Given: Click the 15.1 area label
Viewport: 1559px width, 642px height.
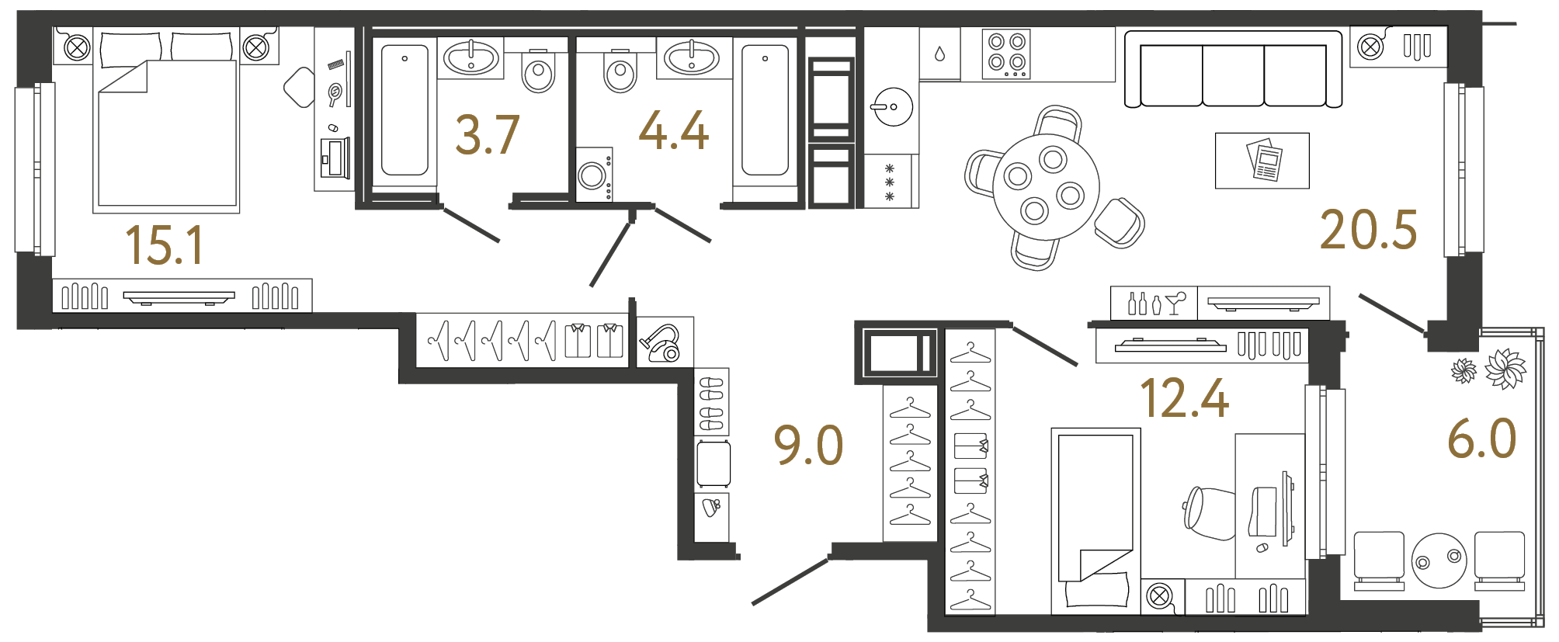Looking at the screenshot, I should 165,245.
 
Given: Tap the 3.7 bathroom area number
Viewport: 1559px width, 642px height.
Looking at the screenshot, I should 487,136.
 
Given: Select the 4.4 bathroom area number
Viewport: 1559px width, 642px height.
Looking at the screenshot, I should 673,130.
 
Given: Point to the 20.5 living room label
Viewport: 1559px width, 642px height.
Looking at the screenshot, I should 1368,231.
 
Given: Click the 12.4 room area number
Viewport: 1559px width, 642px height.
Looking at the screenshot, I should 1184,399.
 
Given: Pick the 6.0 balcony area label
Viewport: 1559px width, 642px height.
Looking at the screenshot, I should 1481,439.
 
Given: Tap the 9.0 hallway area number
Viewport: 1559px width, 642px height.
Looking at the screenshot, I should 808,446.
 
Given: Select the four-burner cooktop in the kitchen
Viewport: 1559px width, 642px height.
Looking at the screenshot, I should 1006,54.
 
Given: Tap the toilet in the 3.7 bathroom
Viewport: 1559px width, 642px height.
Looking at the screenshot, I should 538,71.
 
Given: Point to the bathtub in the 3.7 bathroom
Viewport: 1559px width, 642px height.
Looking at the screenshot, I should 405,110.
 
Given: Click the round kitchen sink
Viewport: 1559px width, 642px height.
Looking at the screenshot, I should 893,107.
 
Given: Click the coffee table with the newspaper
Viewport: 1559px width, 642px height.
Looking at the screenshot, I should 1262,161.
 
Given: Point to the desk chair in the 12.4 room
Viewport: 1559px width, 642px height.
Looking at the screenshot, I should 1209,513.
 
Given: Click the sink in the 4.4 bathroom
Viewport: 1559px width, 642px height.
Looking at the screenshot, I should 693,57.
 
